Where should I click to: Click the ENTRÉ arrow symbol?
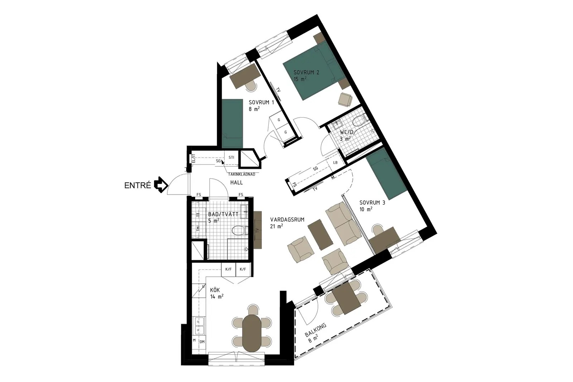click(x=161, y=184)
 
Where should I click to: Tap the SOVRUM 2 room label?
click(x=306, y=72)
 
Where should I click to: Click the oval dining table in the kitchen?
click(x=252, y=333)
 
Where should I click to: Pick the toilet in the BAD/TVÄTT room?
click(x=240, y=230)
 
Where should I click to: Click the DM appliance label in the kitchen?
click(x=202, y=342)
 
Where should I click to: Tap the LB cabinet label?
click(x=335, y=162)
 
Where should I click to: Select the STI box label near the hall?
click(x=231, y=157)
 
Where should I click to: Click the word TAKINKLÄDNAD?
click(x=241, y=175)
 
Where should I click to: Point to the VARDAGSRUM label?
click(x=287, y=219)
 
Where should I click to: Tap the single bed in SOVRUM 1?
click(x=232, y=123)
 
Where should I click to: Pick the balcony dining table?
click(x=347, y=298)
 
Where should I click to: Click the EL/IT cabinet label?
click(x=193, y=159)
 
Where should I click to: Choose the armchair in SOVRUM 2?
click(x=345, y=99)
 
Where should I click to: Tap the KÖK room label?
click(x=215, y=290)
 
